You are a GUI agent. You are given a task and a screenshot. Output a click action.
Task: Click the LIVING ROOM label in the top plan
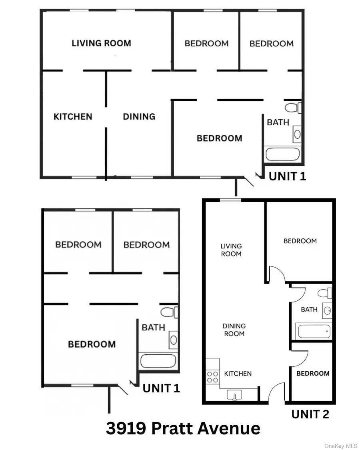coord(101,43)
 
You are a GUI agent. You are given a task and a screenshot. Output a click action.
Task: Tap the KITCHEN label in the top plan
coord(73,116)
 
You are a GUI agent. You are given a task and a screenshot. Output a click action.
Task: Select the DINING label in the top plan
coord(139,116)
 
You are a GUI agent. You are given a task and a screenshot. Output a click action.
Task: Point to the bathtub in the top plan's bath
coord(281,154)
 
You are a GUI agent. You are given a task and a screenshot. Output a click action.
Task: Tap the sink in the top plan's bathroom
coord(297,134)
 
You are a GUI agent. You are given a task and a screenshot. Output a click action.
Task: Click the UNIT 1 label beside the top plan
coord(287,176)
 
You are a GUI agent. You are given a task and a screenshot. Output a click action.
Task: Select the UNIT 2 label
coord(310,414)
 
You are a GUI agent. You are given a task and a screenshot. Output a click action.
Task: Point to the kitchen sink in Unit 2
coord(235,395)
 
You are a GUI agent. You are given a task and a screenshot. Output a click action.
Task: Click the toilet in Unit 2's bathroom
coord(325,292)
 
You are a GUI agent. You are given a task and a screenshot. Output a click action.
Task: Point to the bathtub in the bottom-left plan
coord(157,361)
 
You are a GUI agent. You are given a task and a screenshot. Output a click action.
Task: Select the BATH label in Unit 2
coord(309,309)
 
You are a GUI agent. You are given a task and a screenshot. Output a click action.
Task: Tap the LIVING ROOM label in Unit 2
coord(231,250)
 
